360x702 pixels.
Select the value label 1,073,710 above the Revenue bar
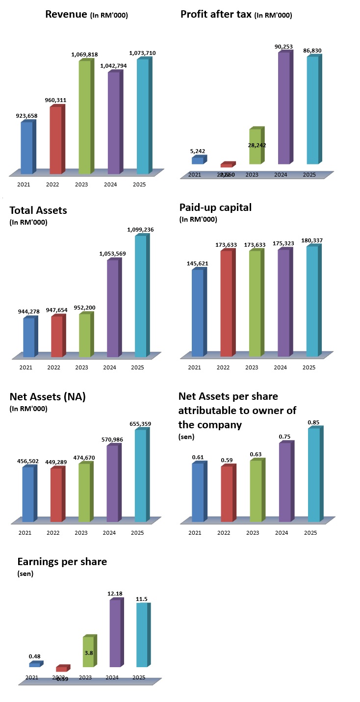(x=142, y=53)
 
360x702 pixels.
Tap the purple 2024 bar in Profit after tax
(x=284, y=108)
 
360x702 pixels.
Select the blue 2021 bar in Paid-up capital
(x=197, y=312)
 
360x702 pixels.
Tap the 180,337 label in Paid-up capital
(x=312, y=240)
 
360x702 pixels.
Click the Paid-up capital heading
(x=215, y=208)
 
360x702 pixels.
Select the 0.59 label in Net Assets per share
(x=228, y=460)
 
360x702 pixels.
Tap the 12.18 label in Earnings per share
(x=114, y=594)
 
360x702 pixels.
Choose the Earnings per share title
(x=62, y=562)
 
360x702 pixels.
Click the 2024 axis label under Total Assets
(x=111, y=367)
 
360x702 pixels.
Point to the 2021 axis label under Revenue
(x=24, y=184)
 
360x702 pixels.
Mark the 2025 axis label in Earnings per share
(x=139, y=677)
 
